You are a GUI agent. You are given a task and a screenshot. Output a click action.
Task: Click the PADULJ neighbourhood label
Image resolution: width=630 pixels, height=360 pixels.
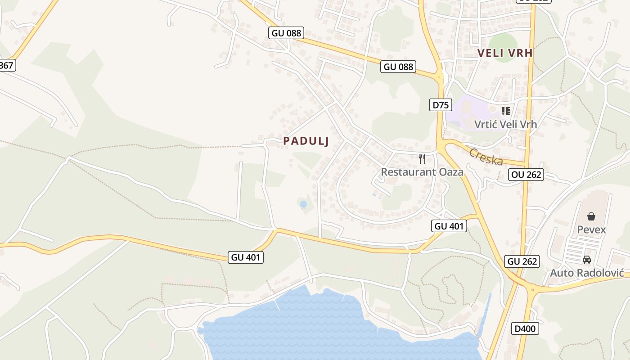tap(306, 141)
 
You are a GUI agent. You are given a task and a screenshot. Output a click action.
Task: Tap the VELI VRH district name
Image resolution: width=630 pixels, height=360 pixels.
tap(505, 53)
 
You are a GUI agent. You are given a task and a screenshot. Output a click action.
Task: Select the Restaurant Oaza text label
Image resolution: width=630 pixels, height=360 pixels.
tap(422, 172)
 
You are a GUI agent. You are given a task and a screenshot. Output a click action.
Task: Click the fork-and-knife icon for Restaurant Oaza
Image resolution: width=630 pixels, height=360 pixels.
tap(422, 158)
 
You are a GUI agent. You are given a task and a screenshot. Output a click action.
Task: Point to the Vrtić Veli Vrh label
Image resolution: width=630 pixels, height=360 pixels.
tap(505, 124)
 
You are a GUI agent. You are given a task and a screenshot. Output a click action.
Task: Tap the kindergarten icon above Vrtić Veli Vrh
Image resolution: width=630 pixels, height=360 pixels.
tap(506, 111)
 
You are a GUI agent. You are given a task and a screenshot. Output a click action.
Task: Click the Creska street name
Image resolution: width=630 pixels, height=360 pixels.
tap(486, 156)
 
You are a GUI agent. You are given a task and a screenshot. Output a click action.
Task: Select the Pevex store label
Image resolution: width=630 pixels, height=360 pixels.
tap(591, 229)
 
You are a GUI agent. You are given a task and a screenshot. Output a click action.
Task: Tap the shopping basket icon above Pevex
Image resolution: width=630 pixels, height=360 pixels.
tap(591, 216)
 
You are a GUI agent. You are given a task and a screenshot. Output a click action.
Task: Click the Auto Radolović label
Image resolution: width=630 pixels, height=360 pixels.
tap(586, 273)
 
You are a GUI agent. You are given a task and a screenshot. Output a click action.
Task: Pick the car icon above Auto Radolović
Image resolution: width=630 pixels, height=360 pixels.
tap(586, 260)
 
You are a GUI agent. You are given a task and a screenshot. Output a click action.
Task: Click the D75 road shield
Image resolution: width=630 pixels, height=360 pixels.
tap(440, 105)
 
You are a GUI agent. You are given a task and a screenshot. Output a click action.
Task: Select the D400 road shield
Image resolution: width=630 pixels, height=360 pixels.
tap(525, 329)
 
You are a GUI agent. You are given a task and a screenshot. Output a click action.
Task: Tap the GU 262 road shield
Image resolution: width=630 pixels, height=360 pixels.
tap(522, 261)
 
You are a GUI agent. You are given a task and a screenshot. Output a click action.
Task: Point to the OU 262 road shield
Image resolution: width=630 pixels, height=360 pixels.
tap(526, 175)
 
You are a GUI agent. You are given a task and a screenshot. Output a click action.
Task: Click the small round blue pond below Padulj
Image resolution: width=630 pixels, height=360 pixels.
tap(303, 204)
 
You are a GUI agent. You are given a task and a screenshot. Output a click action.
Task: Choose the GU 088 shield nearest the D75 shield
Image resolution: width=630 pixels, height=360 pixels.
tap(398, 67)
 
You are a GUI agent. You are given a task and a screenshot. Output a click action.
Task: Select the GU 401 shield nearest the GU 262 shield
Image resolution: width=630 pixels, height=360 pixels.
tap(449, 226)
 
